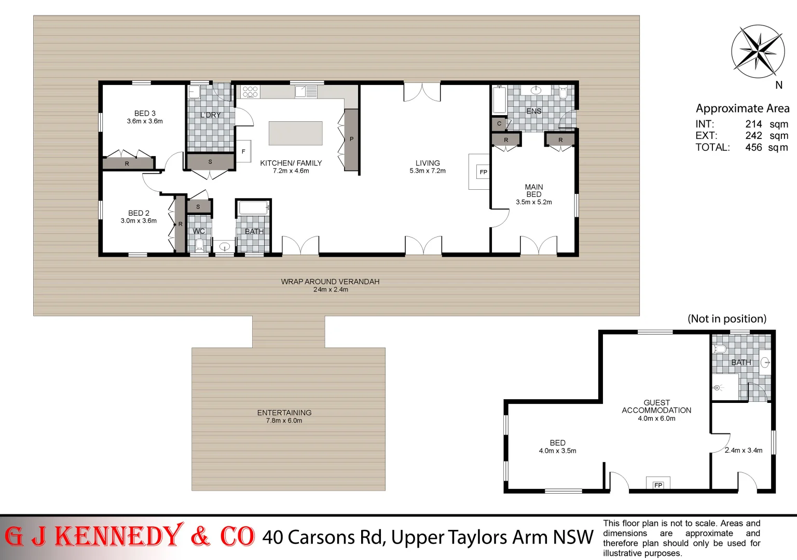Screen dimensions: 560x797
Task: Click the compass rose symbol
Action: (758, 51)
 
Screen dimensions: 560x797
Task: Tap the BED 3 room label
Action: (145, 114)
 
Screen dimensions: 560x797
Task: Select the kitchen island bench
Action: (295, 133)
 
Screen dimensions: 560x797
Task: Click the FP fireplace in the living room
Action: (483, 172)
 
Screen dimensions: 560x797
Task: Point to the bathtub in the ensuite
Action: (499, 100)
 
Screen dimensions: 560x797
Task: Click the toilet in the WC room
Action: (199, 244)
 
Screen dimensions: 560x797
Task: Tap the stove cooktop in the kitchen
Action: (250, 92)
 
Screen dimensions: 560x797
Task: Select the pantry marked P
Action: (351, 139)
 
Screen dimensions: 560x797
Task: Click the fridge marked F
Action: (243, 151)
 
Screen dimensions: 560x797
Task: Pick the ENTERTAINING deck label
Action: (284, 413)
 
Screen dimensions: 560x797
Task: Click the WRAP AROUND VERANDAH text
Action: (330, 282)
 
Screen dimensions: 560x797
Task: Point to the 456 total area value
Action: (753, 147)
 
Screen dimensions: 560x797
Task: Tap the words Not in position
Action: (726, 319)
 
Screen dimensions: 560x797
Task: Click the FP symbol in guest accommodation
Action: (658, 485)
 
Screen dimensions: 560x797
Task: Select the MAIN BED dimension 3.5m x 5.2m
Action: (533, 202)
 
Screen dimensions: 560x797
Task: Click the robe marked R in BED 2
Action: (180, 224)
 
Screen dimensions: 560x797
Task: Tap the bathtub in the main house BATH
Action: (253, 208)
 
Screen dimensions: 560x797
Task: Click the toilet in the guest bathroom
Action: (720, 348)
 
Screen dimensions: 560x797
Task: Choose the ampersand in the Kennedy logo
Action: (200, 537)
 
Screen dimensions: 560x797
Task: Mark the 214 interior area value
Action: (753, 124)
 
